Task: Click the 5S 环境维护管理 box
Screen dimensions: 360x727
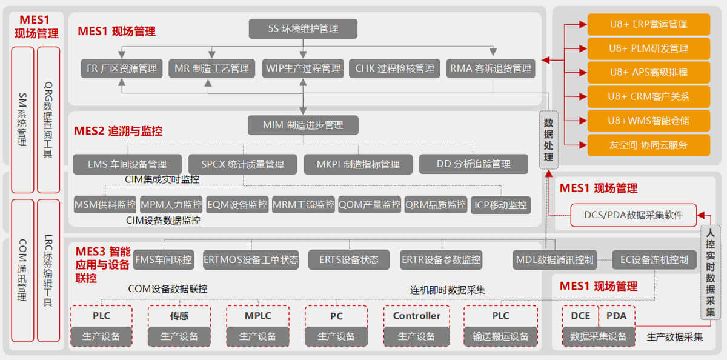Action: (x=303, y=28)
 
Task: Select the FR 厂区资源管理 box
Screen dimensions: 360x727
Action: (x=121, y=68)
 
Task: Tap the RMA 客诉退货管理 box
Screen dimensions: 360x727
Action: (x=491, y=68)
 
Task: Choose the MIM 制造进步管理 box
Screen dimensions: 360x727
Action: (x=303, y=125)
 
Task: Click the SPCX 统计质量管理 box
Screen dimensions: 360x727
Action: (x=242, y=164)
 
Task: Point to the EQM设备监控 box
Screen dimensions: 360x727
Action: (x=237, y=205)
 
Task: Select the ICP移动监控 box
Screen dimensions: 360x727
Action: (x=500, y=205)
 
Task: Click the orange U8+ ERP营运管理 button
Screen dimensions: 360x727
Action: (x=648, y=24)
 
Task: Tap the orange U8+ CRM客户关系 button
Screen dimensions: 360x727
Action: (x=648, y=96)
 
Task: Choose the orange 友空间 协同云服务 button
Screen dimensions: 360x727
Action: (x=648, y=145)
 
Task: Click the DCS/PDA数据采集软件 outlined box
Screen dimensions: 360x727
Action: (x=633, y=215)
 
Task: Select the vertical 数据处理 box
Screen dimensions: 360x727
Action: (x=548, y=139)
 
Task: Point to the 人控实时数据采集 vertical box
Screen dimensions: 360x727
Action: (x=710, y=272)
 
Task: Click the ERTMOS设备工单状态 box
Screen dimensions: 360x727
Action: (x=251, y=260)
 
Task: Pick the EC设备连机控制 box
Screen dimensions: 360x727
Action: (x=654, y=260)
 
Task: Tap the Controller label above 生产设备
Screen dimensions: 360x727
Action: (x=417, y=316)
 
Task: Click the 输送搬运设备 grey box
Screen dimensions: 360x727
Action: (x=500, y=336)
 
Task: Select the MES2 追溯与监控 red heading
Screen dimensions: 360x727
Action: (x=118, y=131)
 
